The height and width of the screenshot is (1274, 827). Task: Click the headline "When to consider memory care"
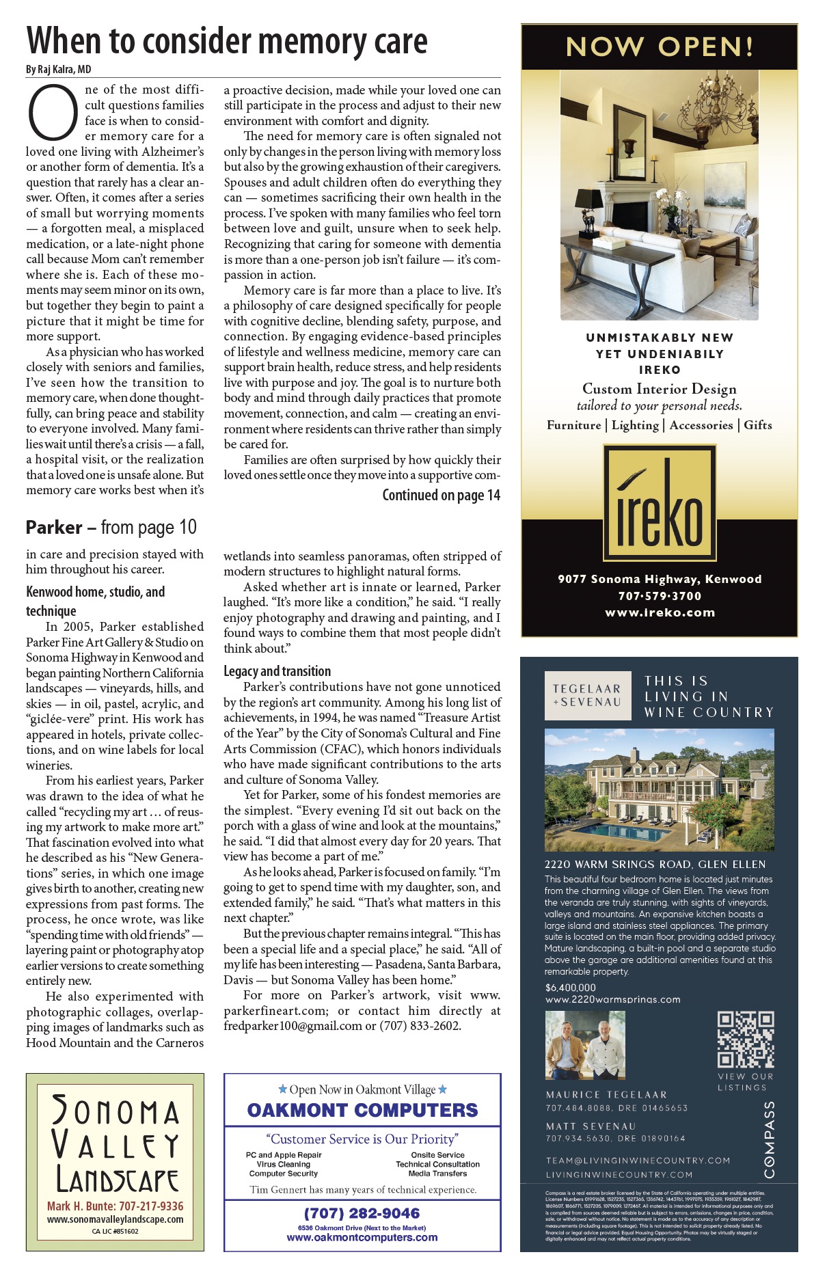227,41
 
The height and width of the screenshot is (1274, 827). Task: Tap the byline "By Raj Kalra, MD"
59,70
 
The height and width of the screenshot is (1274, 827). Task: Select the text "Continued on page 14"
441,496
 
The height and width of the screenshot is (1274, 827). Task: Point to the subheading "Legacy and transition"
277,671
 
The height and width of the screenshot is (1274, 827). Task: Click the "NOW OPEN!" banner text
660,47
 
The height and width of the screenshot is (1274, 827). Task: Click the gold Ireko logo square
660,502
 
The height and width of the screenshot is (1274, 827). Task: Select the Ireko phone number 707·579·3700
660,596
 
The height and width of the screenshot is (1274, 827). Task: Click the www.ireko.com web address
660,613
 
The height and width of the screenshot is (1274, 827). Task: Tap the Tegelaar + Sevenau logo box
587,696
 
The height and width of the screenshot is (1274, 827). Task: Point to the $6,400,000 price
571,988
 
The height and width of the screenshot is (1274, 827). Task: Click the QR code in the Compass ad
745,1040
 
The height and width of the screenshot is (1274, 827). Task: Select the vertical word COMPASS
770,1139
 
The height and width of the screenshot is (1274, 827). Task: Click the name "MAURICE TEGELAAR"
606,1095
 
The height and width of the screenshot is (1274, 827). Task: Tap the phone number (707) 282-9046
362,1213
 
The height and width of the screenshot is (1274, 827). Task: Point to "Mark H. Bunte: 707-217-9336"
115,1206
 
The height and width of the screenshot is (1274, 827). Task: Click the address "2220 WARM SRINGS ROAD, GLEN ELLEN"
655,865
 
